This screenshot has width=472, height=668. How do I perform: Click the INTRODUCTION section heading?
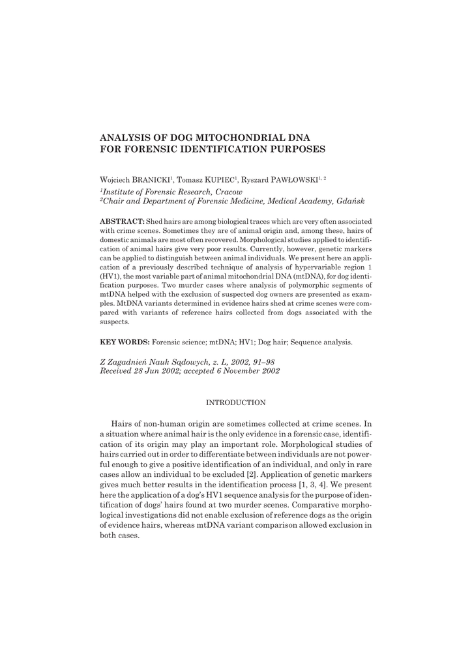(235, 403)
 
